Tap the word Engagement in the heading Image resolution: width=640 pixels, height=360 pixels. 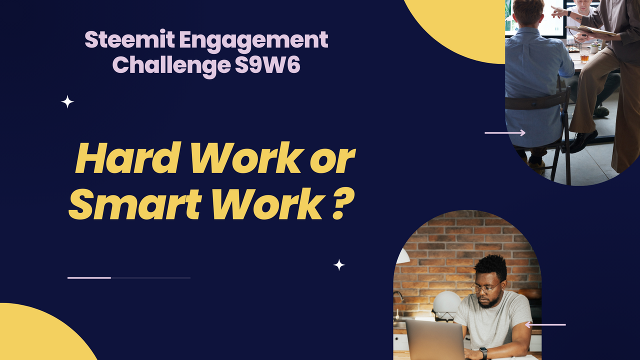[253, 41]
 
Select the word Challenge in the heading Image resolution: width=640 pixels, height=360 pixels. [171, 65]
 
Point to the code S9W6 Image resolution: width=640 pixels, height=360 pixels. [267, 65]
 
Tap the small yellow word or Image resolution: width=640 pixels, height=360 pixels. [332, 161]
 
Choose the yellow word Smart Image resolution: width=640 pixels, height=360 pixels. [135, 204]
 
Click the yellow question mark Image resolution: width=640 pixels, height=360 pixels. [343, 204]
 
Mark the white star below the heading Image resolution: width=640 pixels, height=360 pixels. [67, 102]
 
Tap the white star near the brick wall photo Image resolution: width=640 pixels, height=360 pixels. [339, 265]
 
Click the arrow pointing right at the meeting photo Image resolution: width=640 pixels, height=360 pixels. [505, 133]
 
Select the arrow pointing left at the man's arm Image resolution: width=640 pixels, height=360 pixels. [545, 324]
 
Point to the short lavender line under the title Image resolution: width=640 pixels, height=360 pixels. [89, 277]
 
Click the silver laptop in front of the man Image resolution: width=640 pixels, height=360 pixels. [435, 340]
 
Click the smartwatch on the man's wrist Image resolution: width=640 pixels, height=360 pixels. [483, 353]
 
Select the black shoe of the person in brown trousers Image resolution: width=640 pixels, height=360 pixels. [583, 141]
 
